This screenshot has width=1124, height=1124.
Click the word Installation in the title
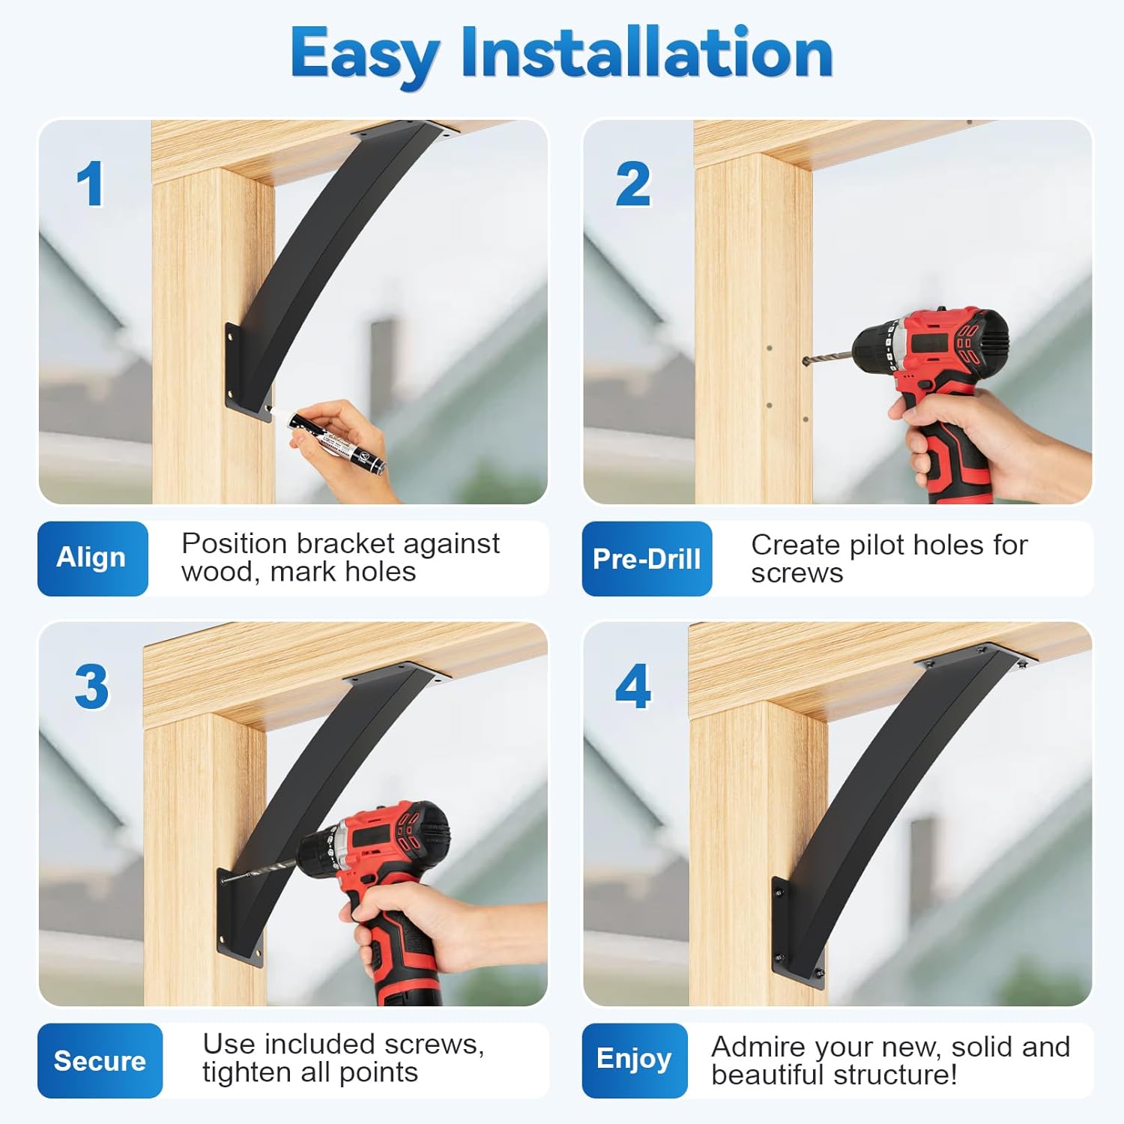646,52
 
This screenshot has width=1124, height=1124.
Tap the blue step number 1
90,184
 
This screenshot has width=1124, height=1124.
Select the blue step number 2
633,184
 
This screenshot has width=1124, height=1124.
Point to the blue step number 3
91,686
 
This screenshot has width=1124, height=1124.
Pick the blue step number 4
633,686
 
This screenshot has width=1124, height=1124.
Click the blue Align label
92,558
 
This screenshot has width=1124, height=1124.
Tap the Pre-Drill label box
647,559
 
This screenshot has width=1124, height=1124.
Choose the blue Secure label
100,1060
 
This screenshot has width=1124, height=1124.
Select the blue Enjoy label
634,1059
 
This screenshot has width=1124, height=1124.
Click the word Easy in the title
364,54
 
